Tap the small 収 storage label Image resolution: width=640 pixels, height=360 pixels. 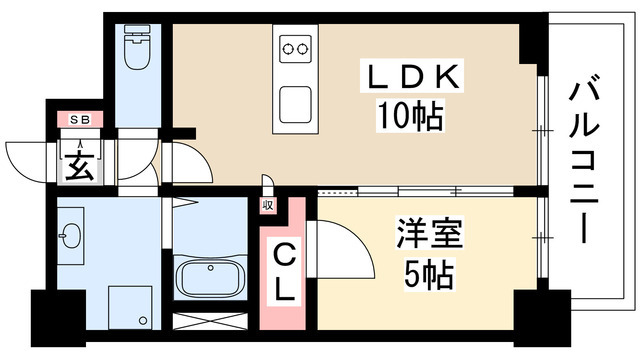coord(267,205)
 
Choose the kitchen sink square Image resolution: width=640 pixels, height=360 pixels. coord(295,102)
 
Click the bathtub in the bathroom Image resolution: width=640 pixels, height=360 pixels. coord(211,277)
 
